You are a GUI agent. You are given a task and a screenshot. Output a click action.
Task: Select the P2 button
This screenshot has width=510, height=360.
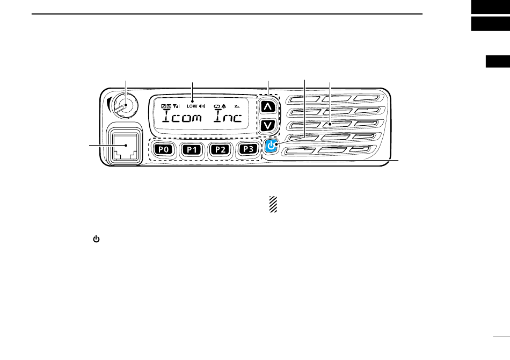220,149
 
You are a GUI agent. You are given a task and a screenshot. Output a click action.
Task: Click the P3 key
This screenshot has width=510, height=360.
248,149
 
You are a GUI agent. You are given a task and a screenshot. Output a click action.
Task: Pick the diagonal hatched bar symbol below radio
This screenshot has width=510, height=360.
273,204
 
